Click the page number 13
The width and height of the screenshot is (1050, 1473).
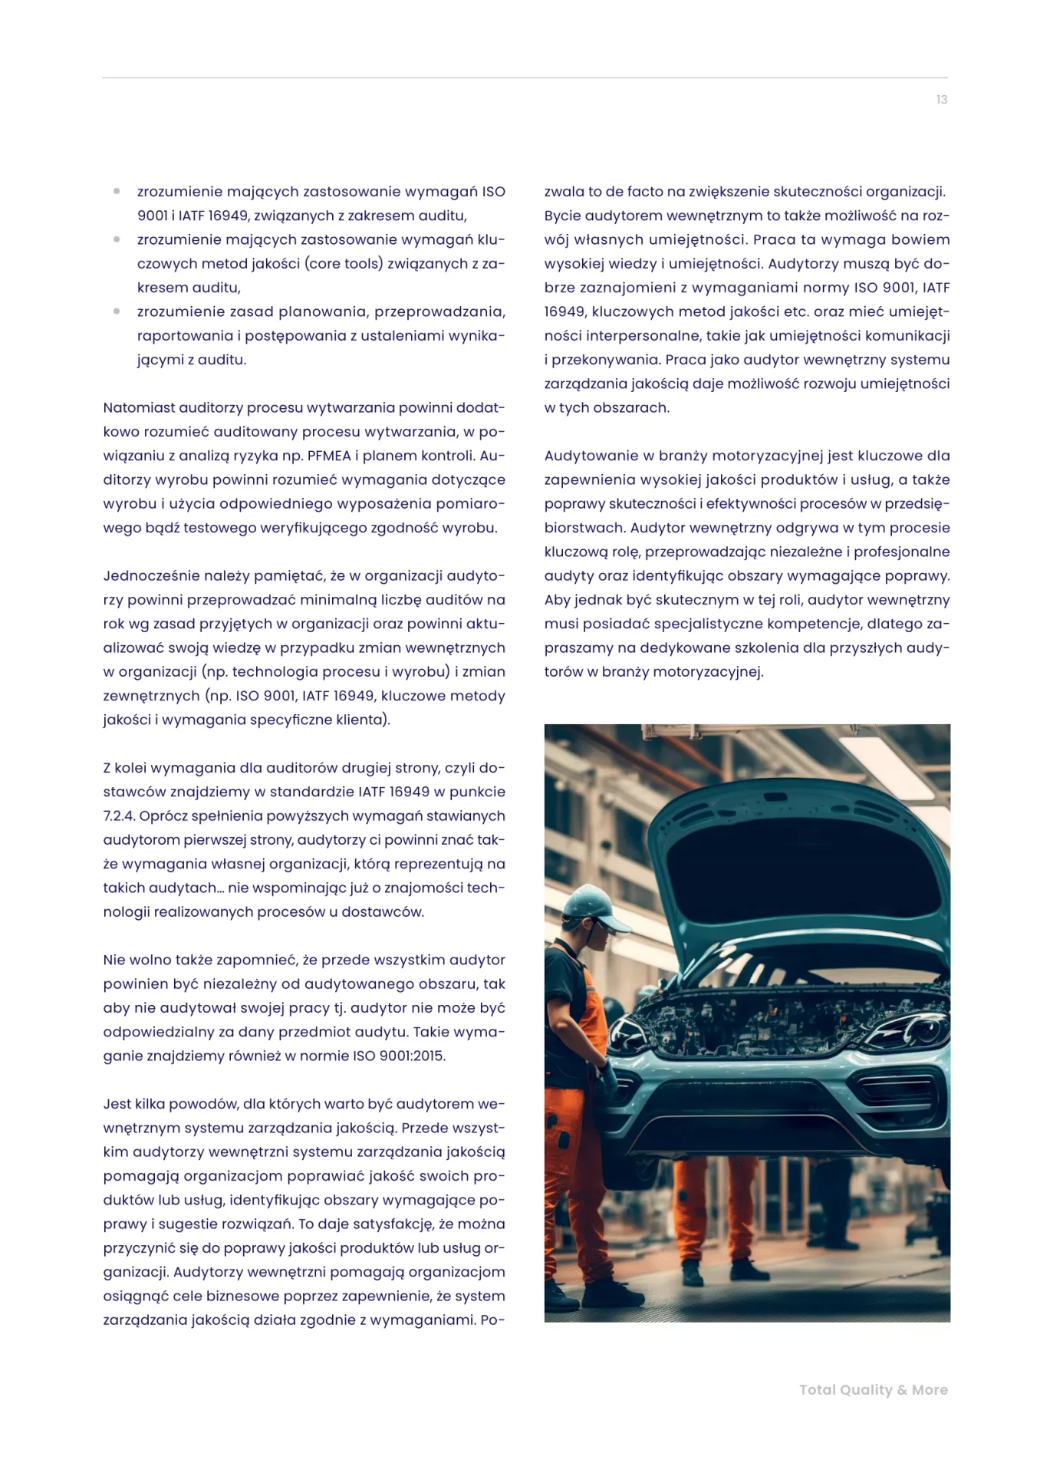(941, 100)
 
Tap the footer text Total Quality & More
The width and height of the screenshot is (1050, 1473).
(873, 1389)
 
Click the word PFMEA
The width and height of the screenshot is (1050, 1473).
(330, 456)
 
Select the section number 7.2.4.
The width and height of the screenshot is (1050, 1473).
(119, 816)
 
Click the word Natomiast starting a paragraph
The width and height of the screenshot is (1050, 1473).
(139, 407)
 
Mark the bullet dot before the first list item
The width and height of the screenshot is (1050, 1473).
(117, 191)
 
